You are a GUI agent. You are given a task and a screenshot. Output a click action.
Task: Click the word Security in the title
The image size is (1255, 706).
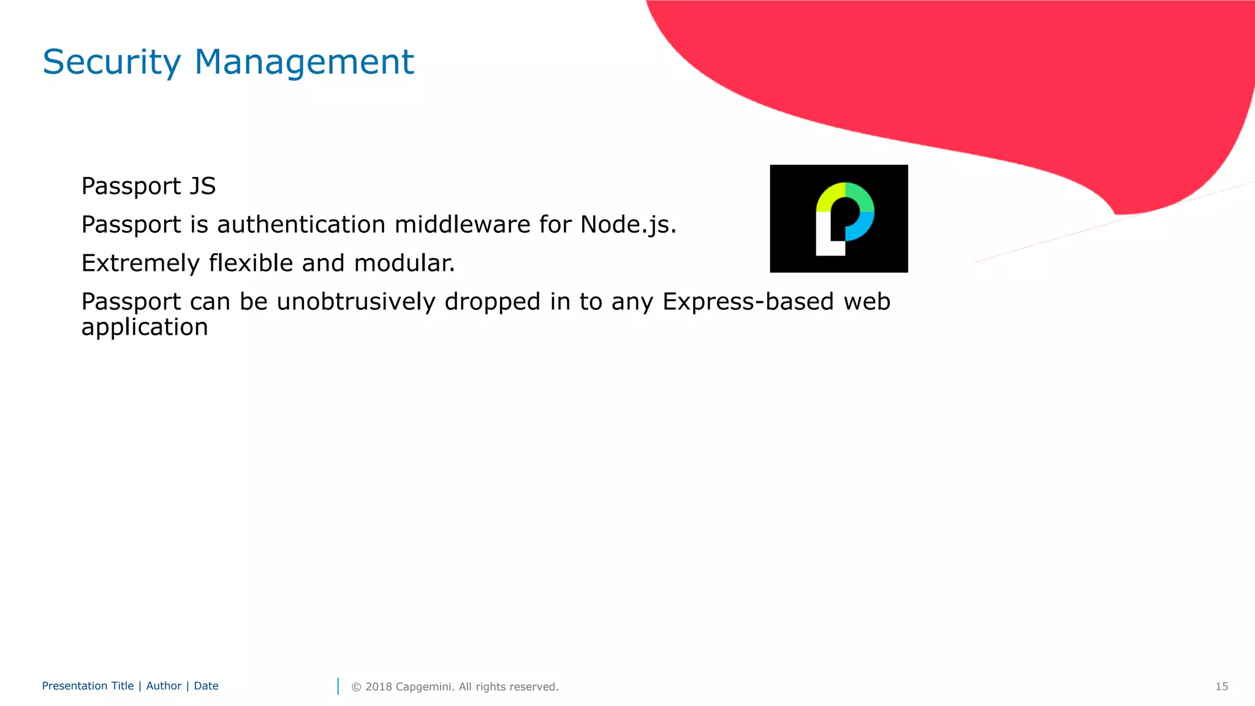(x=112, y=62)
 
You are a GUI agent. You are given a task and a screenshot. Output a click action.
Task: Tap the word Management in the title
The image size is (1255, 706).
(x=304, y=62)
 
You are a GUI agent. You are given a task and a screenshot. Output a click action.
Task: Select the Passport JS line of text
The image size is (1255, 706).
(x=148, y=186)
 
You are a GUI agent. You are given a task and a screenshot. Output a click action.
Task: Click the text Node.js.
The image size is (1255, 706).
(x=628, y=225)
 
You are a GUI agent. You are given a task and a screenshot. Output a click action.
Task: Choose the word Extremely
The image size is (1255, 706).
(x=140, y=264)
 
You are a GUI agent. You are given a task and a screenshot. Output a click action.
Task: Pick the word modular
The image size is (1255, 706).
(x=404, y=264)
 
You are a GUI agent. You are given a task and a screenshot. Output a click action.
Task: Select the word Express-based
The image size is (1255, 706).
(x=748, y=302)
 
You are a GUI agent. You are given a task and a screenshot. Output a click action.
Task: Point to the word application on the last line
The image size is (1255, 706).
(x=145, y=328)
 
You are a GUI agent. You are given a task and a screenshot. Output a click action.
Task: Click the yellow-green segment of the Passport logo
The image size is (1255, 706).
(x=829, y=196)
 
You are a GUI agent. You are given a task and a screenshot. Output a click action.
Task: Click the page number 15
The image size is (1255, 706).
(x=1221, y=686)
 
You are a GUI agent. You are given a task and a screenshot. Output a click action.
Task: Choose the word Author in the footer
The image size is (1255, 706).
(x=164, y=686)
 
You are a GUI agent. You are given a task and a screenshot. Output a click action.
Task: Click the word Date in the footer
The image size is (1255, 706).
(x=206, y=686)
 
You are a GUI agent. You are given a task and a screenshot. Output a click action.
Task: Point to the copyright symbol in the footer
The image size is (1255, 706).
(x=356, y=687)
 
